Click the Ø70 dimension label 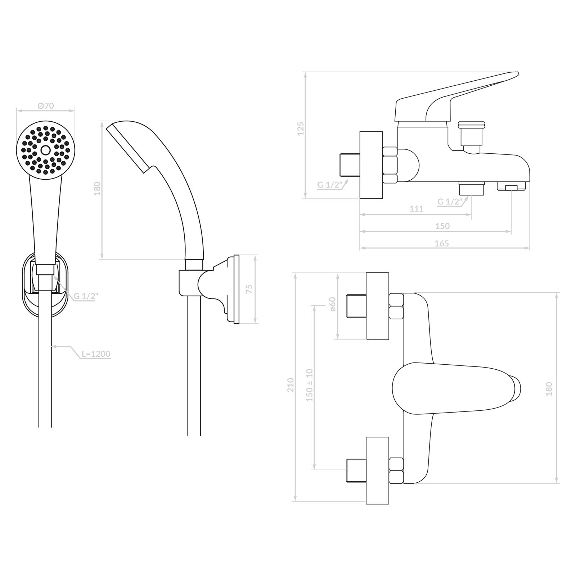[x=46, y=106]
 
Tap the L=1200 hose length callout [x=96, y=354]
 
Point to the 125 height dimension [x=301, y=129]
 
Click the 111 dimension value [x=417, y=208]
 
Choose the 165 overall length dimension [x=442, y=243]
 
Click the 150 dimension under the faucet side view [x=442, y=226]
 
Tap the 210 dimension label [x=291, y=385]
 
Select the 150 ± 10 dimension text [x=310, y=385]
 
